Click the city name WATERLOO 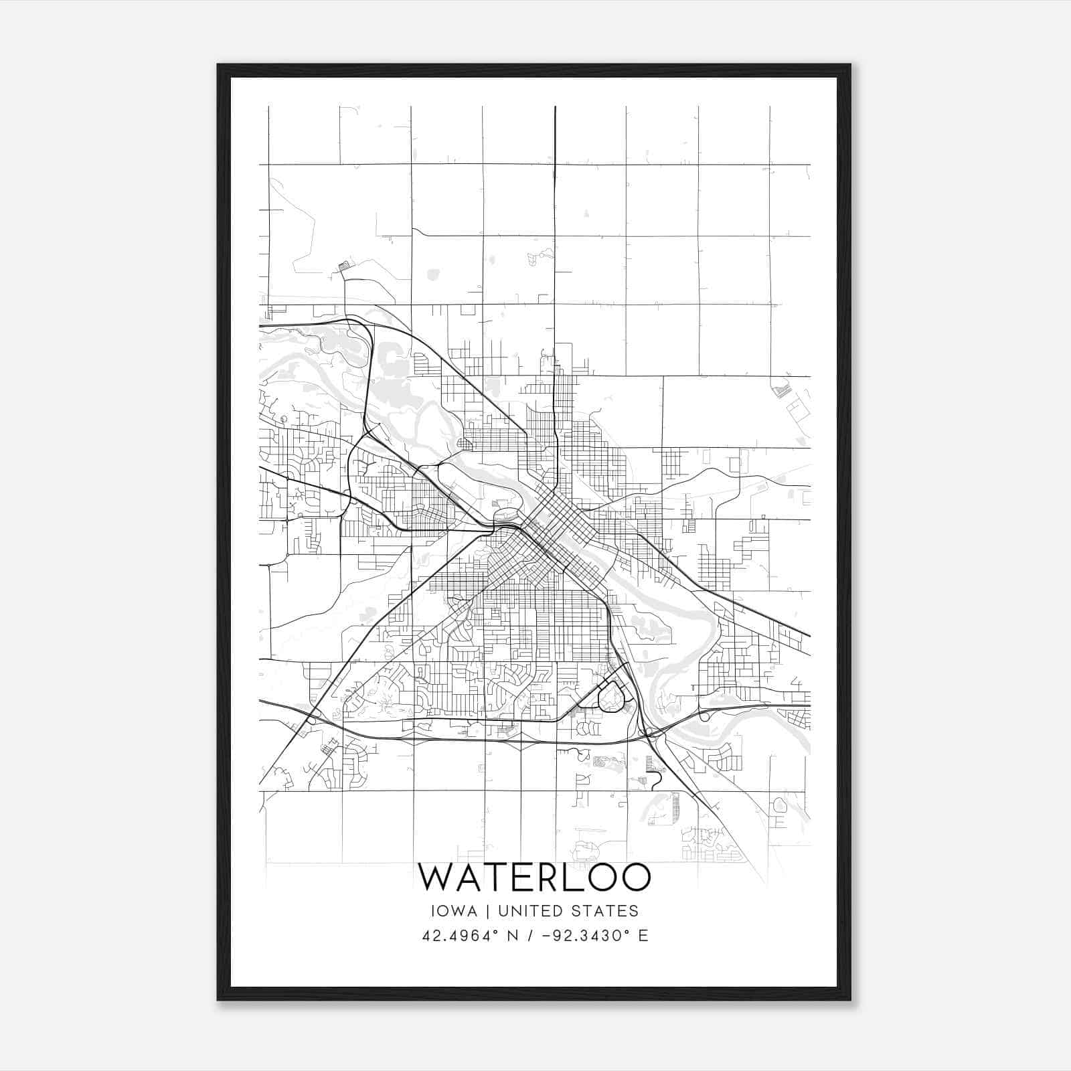click(x=534, y=877)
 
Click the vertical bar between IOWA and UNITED click(x=485, y=911)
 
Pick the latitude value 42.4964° click(x=463, y=936)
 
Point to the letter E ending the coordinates click(x=643, y=936)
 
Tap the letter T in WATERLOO click(x=495, y=877)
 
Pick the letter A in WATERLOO click(x=467, y=877)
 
